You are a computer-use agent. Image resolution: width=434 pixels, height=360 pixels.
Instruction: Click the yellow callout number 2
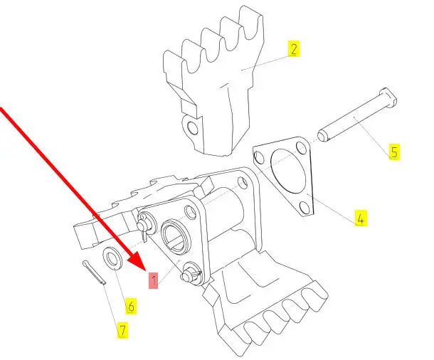click(x=294, y=48)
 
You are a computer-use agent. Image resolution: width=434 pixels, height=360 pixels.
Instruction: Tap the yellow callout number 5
click(x=394, y=152)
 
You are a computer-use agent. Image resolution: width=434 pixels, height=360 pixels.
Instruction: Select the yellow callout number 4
click(x=361, y=218)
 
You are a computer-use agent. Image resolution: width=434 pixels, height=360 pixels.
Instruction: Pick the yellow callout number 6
click(x=131, y=306)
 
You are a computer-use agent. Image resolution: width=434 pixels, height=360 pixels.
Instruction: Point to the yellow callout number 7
click(x=122, y=330)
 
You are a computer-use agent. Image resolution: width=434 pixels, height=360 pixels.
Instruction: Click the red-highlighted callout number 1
click(x=154, y=280)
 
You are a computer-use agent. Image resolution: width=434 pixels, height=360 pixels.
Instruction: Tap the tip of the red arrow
click(x=145, y=270)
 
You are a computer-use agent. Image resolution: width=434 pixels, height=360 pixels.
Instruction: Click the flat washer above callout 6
click(x=112, y=258)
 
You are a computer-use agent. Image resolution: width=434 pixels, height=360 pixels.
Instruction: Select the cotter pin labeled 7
click(x=94, y=272)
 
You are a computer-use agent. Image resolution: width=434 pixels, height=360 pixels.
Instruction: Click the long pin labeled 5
click(x=357, y=115)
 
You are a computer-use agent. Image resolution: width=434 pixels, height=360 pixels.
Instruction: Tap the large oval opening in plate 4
click(x=288, y=171)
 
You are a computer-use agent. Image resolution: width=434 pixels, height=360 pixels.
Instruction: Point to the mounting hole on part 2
click(x=193, y=128)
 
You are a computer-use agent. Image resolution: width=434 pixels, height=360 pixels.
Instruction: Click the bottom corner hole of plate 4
click(x=305, y=208)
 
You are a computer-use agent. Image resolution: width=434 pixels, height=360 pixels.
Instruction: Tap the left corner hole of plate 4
click(x=259, y=157)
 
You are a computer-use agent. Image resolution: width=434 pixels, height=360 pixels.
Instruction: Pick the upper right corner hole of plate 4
click(x=301, y=148)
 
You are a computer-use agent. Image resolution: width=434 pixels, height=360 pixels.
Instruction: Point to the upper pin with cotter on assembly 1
click(x=145, y=223)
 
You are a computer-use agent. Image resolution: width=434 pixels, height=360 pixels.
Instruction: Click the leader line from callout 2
click(x=265, y=63)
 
